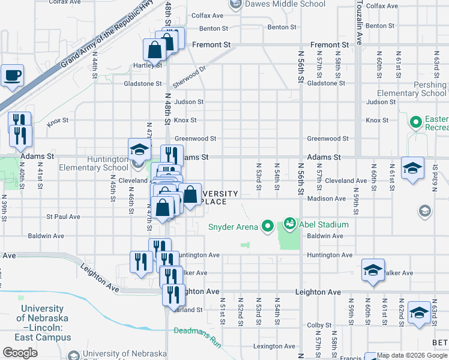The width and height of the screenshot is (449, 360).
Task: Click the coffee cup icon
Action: (x=12, y=76)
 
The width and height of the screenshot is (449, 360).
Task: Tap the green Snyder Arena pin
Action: (x=267, y=226)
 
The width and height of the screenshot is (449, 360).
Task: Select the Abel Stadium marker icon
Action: (x=291, y=224)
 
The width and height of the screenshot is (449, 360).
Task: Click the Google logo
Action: (x=20, y=353)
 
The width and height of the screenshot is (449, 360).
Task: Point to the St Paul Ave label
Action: (x=63, y=217)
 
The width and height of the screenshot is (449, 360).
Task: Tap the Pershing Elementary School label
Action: (x=412, y=89)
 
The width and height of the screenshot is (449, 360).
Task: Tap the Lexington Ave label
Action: (x=274, y=346)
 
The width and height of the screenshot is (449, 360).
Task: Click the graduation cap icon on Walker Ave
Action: (x=373, y=271)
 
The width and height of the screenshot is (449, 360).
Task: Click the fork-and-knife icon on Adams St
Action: (x=172, y=155)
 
